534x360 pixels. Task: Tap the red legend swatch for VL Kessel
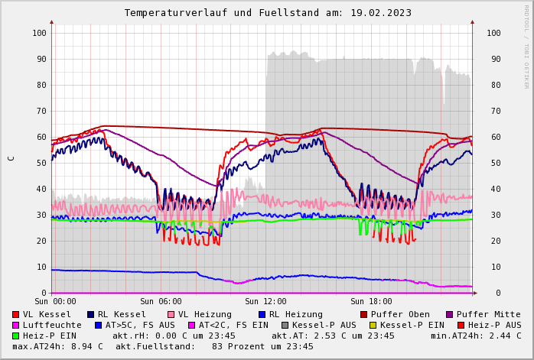16,314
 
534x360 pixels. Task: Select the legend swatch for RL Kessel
90,314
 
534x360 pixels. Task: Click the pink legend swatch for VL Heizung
171,314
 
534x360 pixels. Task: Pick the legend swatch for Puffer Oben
363,314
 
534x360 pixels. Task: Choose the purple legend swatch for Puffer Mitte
450,314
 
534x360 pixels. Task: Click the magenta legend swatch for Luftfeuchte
16,325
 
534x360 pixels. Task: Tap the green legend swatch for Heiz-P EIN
16,336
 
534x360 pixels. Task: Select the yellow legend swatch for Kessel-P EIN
373,325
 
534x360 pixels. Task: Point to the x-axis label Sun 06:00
161,302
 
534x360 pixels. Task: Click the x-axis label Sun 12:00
265,302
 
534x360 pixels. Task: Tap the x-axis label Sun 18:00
371,302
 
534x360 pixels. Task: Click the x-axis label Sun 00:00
55,302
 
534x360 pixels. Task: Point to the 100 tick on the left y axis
39,33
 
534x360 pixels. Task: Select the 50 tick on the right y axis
493,163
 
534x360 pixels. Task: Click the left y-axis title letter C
11,158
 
